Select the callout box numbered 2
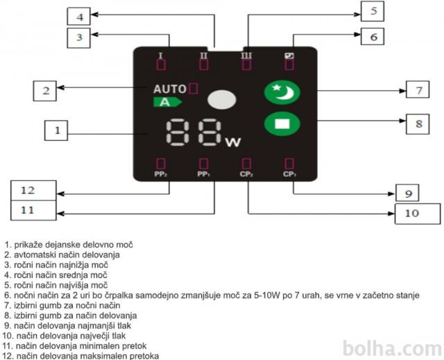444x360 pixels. pos(44,89)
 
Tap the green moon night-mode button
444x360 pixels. pos(282,92)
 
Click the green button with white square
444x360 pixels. pos(282,125)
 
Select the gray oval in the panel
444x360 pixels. pos(222,99)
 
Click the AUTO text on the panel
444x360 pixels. pos(170,89)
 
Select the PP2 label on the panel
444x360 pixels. pos(160,175)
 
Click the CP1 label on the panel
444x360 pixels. pos(289,175)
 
